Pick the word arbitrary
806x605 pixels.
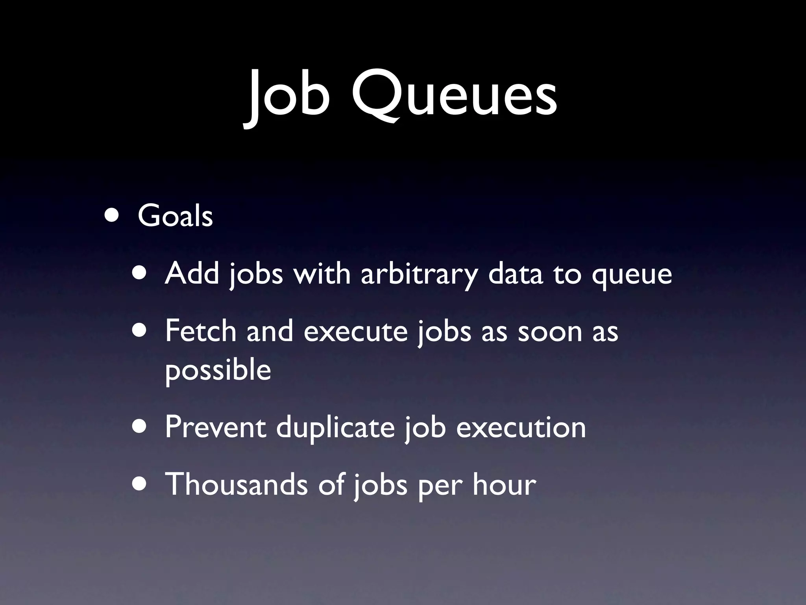pos(420,274)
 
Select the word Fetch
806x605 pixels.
pos(201,331)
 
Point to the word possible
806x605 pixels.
pos(218,370)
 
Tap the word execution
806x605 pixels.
pos(521,427)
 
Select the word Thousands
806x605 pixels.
pos(236,484)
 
